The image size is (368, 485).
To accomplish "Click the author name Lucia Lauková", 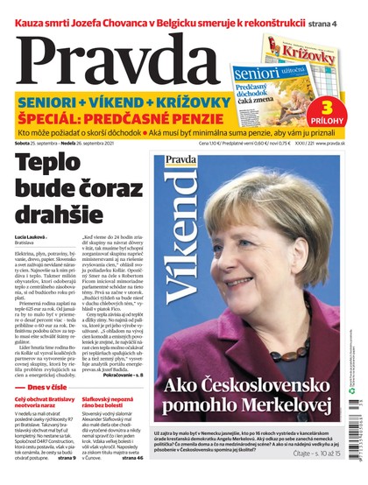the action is pos(31,237).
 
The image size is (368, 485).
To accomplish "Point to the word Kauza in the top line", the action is pos(24,10).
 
